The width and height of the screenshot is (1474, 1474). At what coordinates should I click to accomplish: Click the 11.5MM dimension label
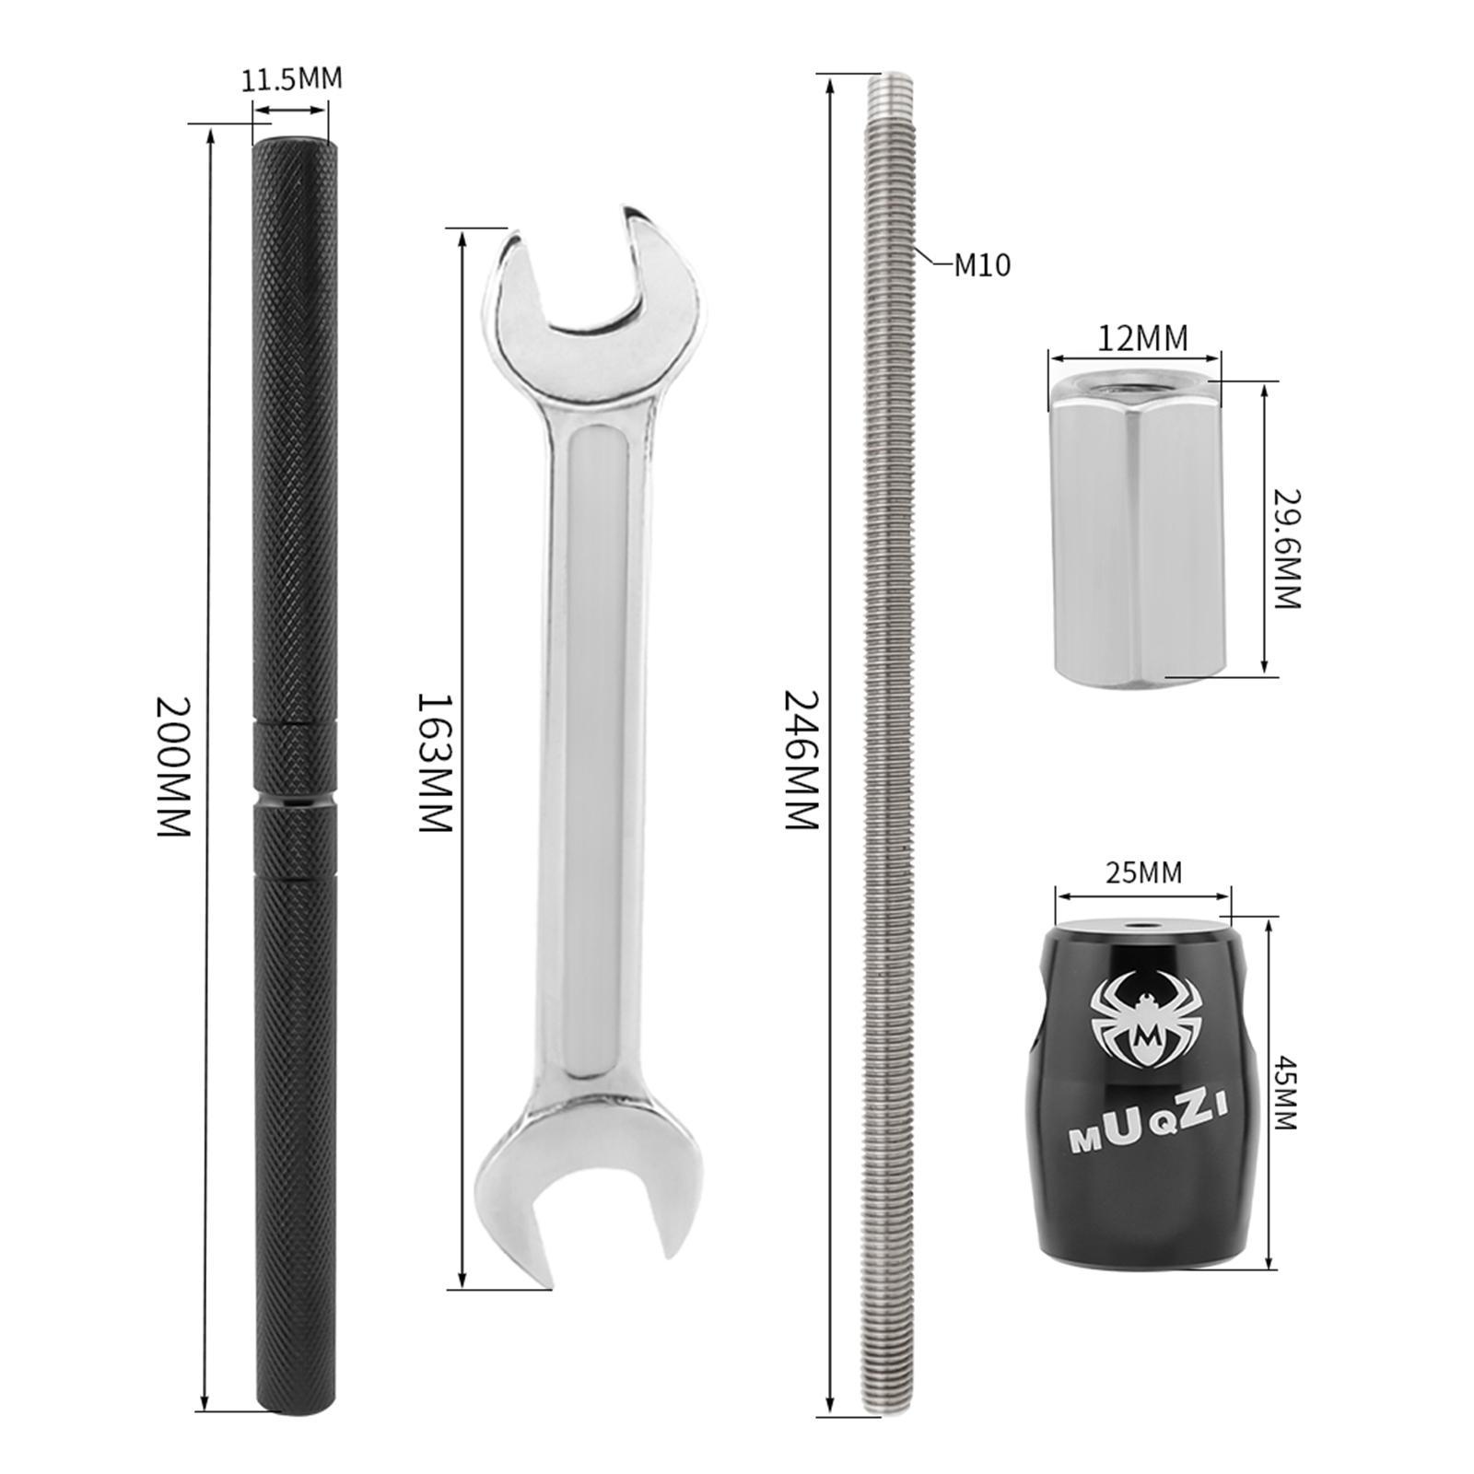pos(291,79)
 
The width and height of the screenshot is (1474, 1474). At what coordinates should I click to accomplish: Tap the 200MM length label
pos(172,766)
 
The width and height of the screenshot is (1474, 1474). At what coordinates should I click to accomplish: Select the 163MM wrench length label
pos(435,763)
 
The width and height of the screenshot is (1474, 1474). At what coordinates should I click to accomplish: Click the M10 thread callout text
pos(982,266)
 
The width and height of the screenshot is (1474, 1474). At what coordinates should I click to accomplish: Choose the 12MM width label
pos(1142,338)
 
